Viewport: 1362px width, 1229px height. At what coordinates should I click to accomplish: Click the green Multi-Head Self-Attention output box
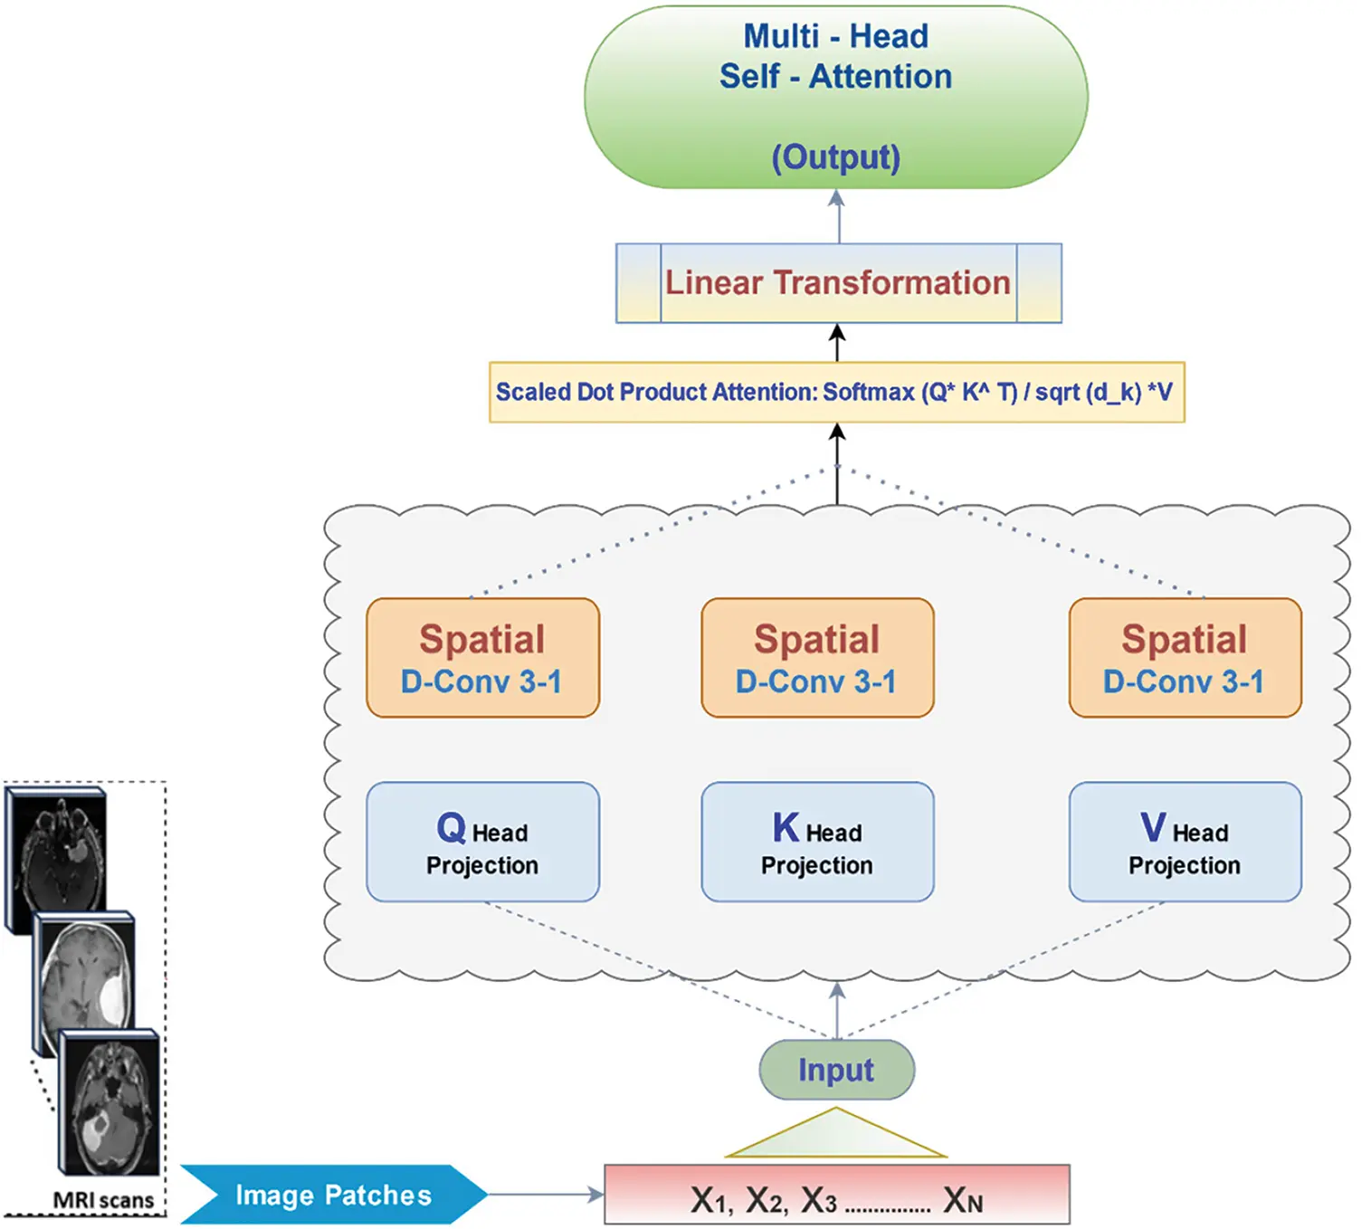click(835, 98)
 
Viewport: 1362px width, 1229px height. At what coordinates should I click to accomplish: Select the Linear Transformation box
click(838, 283)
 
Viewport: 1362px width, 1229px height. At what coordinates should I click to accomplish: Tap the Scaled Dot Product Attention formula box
click(836, 392)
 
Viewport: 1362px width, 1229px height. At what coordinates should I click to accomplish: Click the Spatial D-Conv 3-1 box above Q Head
click(482, 658)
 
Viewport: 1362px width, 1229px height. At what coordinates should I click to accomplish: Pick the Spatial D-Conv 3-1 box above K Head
click(817, 658)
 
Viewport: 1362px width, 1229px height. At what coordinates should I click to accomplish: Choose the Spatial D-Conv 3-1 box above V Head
click(1185, 658)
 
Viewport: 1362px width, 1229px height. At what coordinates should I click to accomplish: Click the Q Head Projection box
click(482, 842)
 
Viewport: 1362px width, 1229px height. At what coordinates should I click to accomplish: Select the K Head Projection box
click(817, 842)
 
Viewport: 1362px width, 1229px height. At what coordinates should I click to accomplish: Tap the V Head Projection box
click(1185, 842)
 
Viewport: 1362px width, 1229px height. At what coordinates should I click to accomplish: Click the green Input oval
click(836, 1070)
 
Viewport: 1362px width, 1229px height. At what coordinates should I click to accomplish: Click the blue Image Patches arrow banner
click(333, 1195)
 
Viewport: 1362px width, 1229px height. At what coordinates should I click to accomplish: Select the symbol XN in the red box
click(962, 1200)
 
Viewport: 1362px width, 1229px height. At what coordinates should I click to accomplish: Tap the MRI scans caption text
click(103, 1200)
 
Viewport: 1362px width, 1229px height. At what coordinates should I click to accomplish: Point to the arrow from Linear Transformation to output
click(838, 216)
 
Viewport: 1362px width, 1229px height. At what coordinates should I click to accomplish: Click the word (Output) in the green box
click(835, 157)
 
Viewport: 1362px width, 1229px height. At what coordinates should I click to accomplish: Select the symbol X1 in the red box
click(710, 1200)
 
